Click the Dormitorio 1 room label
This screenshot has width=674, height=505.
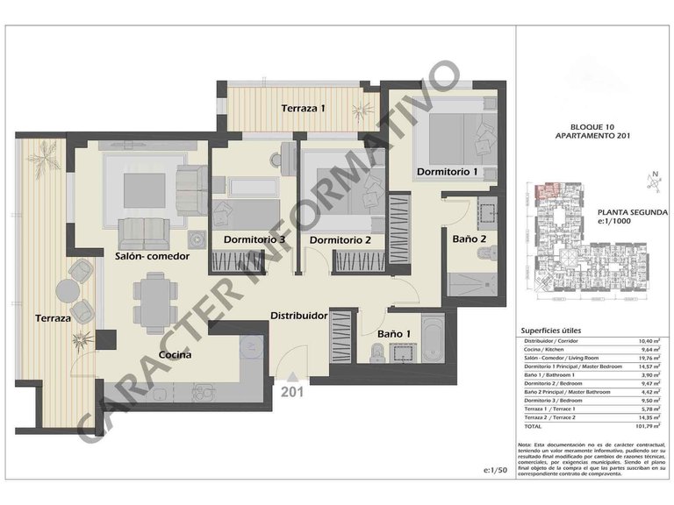tap(447, 172)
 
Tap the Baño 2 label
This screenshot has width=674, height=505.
tap(469, 238)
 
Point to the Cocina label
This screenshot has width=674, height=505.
tap(176, 355)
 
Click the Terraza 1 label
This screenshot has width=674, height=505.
tap(303, 109)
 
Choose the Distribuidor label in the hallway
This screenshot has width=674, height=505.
tap(298, 315)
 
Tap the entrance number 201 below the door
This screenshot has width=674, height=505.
tap(291, 392)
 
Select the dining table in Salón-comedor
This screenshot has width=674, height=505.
tap(155, 296)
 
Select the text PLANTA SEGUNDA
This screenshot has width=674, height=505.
tap(632, 212)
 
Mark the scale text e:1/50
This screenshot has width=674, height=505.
tap(496, 471)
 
